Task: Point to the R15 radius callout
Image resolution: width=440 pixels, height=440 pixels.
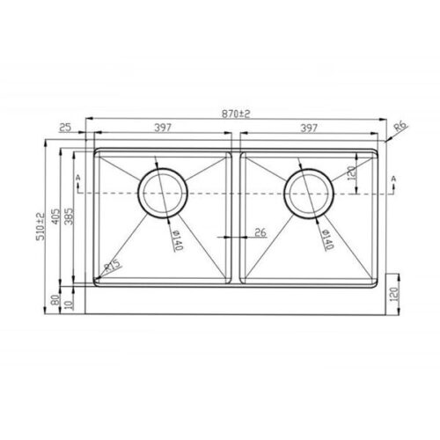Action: pos(113,265)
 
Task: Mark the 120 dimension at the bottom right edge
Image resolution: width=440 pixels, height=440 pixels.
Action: pos(392,295)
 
